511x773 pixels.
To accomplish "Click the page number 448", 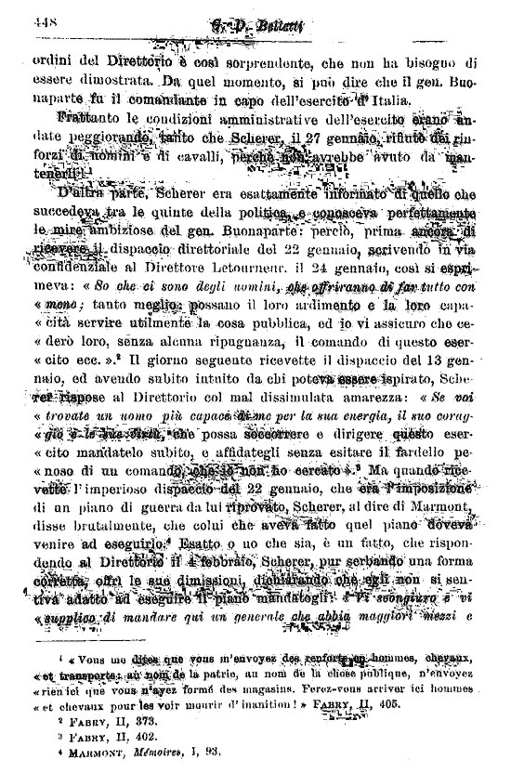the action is tap(46, 19).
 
